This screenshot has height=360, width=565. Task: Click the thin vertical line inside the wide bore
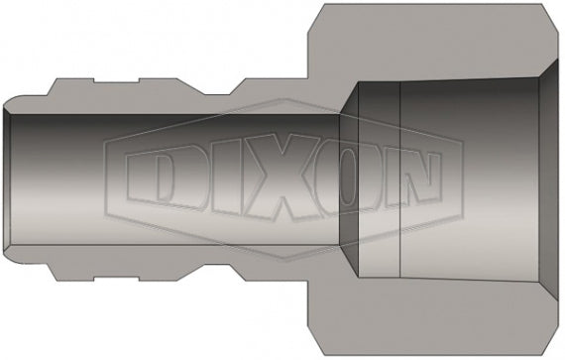click(x=398, y=179)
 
